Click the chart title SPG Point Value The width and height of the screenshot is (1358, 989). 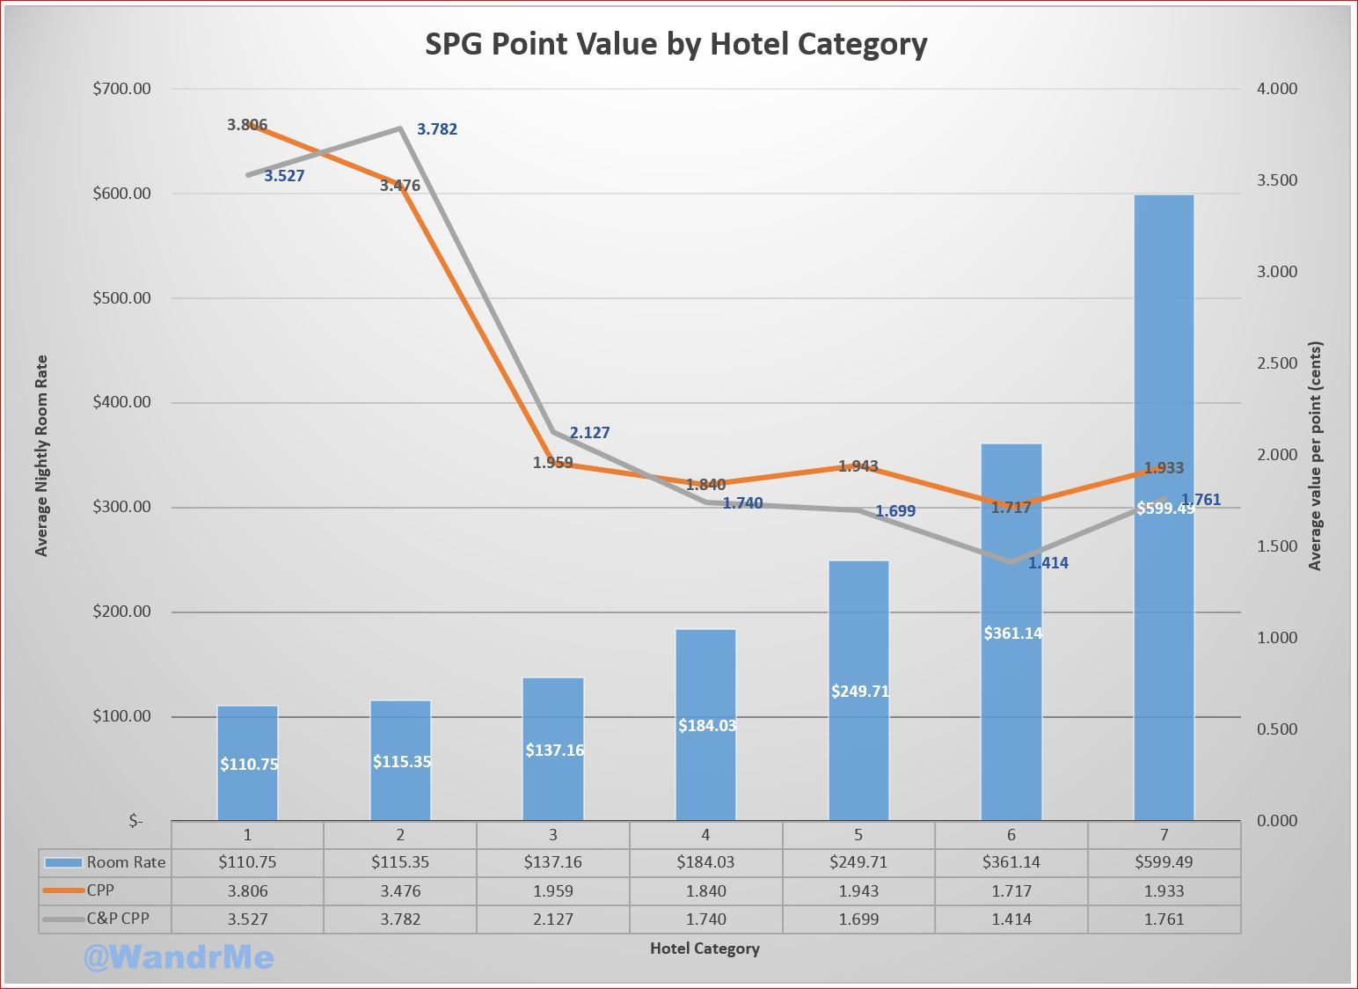pos(675,44)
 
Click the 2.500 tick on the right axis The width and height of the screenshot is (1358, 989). pos(1276,363)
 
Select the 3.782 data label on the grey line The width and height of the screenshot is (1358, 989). pos(437,129)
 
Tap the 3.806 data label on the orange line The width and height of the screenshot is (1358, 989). pos(247,125)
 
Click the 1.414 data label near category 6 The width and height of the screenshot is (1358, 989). pos(1048,563)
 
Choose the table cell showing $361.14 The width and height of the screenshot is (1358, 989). pos(1011,862)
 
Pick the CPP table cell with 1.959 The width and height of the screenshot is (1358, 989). pos(552,890)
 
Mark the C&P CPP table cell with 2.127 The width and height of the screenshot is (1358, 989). pos(552,919)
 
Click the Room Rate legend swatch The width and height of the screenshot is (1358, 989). pos(63,862)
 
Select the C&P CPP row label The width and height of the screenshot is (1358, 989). pos(118,919)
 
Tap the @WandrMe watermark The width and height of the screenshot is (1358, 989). pos(179,957)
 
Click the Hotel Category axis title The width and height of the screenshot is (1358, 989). pos(705,949)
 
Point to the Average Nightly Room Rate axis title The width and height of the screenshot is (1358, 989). pos(41,455)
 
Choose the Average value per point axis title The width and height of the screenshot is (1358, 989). pos(1315,456)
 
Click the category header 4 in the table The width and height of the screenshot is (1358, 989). pos(705,834)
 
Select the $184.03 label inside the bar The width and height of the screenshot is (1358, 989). pos(707,726)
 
